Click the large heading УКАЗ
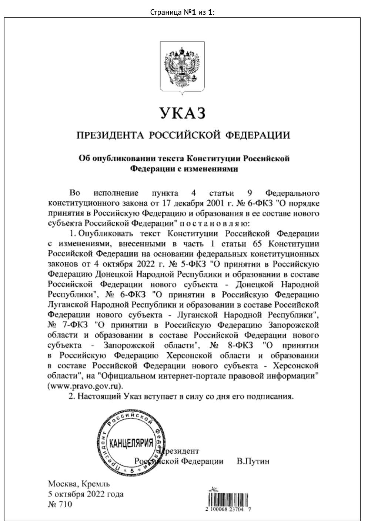coord(183,113)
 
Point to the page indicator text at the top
coord(183,12)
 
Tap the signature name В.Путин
coord(253,461)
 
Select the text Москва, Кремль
coord(79,484)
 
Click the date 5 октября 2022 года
coord(86,494)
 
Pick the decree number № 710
coord(60,504)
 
